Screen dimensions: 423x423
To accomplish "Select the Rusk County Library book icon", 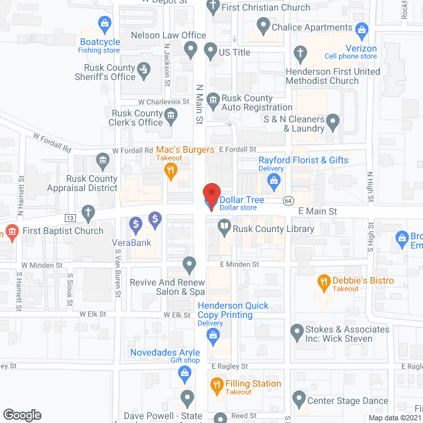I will click(x=225, y=228).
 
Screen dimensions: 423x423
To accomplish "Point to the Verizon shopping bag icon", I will click(x=361, y=30).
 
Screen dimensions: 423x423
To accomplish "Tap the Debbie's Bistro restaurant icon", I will click(x=324, y=282).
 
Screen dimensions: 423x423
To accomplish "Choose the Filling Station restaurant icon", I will click(x=215, y=385).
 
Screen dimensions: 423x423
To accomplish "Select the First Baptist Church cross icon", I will click(x=88, y=213).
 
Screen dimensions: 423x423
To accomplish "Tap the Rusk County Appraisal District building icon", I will click(x=102, y=160).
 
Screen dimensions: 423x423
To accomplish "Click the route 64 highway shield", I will click(x=289, y=200).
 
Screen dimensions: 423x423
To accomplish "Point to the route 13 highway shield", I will click(x=69, y=218).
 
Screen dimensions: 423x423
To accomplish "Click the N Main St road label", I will click(x=198, y=104).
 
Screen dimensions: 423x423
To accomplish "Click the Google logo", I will click(x=22, y=415).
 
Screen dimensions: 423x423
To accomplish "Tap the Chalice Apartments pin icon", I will click(x=263, y=27).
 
